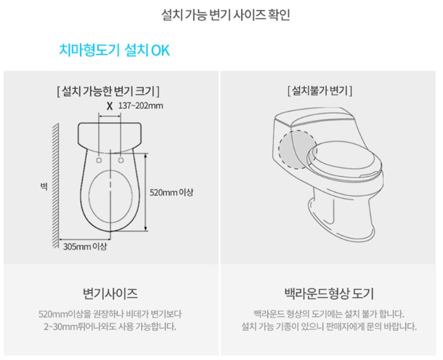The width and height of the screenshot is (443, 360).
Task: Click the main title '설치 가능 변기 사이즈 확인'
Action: point(226,15)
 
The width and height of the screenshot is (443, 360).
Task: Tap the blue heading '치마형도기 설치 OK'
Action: point(115,51)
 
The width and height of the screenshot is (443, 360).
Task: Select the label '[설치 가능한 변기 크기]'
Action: point(108,91)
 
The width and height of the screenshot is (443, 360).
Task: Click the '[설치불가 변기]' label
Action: point(320,91)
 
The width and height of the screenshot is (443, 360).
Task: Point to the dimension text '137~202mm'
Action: point(140,105)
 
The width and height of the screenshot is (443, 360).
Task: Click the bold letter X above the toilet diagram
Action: point(110,107)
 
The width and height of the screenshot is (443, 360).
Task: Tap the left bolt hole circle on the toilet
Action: point(99,160)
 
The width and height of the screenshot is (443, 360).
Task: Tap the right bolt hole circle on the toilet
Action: point(121,160)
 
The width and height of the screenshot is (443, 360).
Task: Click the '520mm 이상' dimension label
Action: point(171,192)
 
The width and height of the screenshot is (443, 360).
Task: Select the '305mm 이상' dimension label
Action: point(85,247)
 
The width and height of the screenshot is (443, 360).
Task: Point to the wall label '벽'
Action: point(44,187)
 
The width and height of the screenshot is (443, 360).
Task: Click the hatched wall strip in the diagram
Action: point(55,186)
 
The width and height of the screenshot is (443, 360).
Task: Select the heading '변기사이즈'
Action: point(110,293)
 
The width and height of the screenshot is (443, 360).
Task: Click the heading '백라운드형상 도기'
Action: point(329,293)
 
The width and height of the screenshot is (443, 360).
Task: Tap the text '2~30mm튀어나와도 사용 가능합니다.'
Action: point(110,327)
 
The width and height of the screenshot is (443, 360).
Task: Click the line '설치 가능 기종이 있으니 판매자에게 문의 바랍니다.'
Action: point(329,327)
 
